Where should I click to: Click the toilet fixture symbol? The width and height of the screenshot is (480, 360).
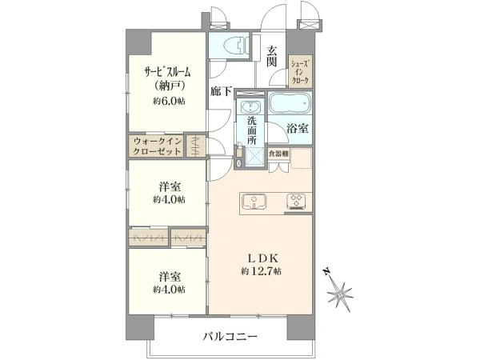point(235,46)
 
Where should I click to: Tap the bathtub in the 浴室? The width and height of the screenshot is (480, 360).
point(290,103)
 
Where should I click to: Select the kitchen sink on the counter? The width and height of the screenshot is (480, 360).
point(254,202)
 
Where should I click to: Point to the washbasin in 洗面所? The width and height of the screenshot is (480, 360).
point(250,107)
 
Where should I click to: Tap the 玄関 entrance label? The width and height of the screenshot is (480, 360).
point(271,56)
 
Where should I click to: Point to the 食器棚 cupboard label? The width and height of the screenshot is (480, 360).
point(278,154)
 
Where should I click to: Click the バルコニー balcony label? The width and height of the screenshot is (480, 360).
point(230,337)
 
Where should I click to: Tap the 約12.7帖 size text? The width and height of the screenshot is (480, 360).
point(261,271)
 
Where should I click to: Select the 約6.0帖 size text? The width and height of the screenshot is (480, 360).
point(169,102)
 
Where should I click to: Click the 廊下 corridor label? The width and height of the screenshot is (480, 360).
point(221,91)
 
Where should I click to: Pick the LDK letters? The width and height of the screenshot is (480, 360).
point(262,258)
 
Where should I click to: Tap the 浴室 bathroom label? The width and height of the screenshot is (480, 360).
point(298,129)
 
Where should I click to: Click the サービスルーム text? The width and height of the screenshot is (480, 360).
point(167,73)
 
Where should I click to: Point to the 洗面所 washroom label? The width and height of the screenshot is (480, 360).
point(252,130)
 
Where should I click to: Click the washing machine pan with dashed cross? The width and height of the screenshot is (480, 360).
point(254,157)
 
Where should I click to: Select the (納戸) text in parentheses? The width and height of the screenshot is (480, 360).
point(169,86)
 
